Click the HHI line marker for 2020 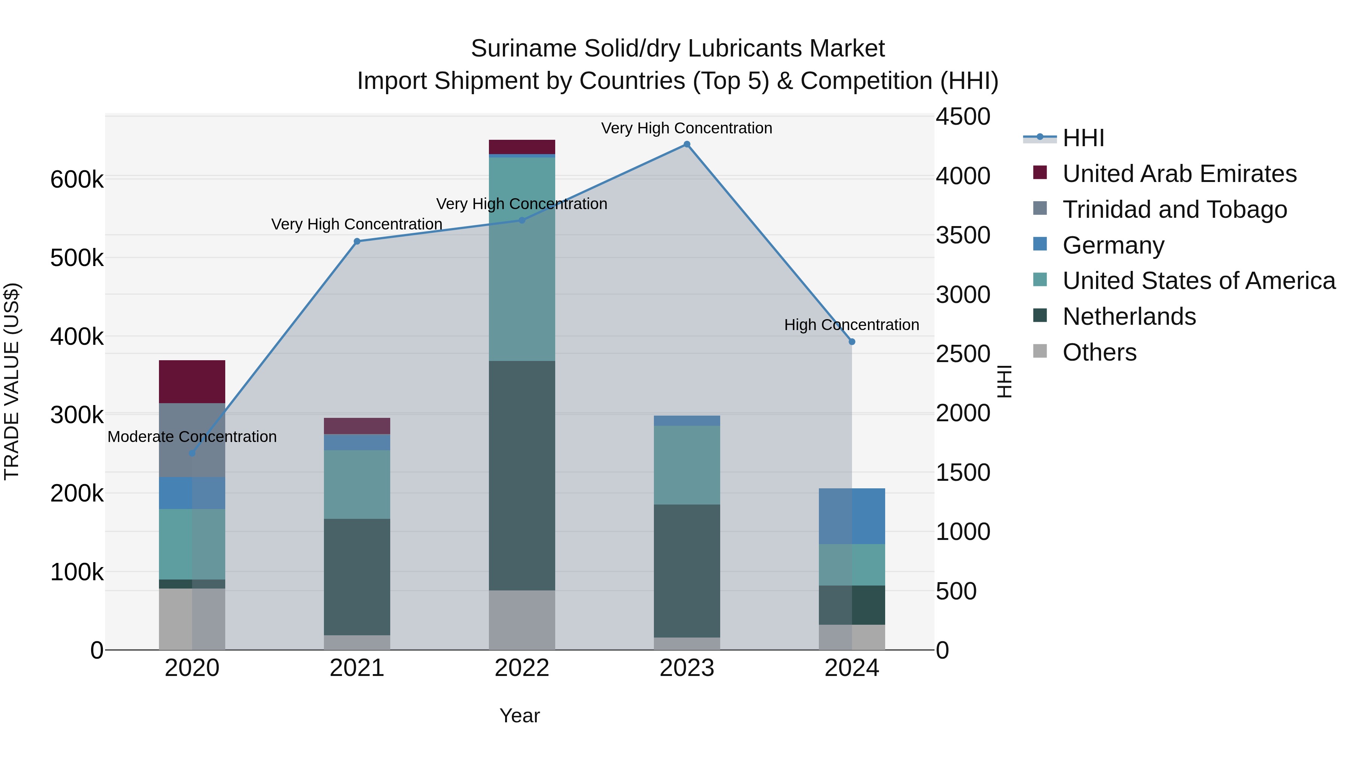tap(192, 453)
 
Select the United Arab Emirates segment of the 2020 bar tap(192, 382)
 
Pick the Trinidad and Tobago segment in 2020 tap(192, 440)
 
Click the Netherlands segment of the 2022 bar tap(522, 475)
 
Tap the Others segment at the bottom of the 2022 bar tap(522, 620)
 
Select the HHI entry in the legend tap(1083, 138)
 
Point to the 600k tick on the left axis tap(77, 180)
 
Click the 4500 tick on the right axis tap(962, 116)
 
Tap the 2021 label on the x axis tap(357, 668)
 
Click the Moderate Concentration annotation tap(192, 437)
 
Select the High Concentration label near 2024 tap(851, 325)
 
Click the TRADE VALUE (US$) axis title tap(12, 381)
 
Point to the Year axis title tap(519, 716)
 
